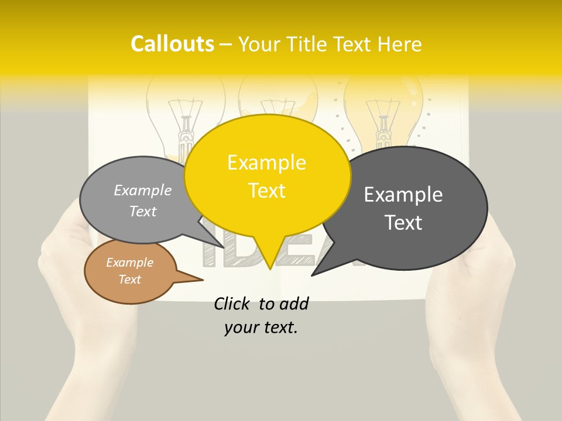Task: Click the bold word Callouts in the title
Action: coord(172,44)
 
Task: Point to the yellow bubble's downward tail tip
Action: coord(270,267)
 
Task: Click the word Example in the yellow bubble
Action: coord(267,163)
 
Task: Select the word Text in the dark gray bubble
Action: coord(403,223)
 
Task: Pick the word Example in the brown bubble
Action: coord(130,263)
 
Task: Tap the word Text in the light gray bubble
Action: coord(143,212)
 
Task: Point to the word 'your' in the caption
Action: coord(241,328)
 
